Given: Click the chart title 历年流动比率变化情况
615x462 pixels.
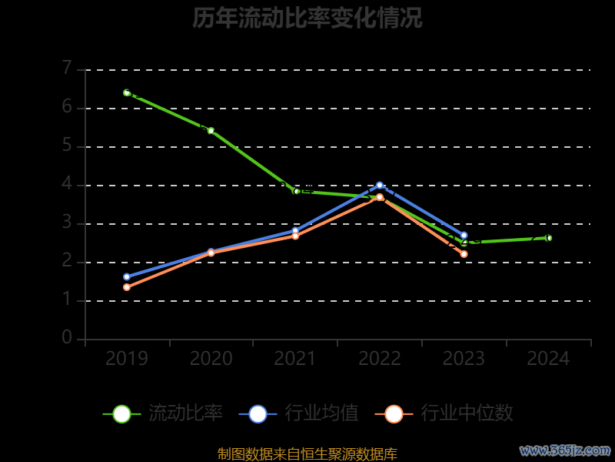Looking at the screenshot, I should point(307,18).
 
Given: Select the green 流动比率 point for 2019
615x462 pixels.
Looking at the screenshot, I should point(127,92).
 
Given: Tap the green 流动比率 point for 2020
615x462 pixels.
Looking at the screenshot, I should point(211,131).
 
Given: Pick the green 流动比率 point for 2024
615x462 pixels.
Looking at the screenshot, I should point(548,238).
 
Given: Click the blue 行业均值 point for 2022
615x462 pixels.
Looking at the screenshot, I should point(380,185).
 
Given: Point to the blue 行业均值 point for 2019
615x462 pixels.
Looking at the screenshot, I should point(127,276).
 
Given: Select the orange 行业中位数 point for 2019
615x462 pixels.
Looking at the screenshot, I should point(127,287).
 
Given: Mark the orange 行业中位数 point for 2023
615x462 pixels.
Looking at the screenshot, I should point(464,254).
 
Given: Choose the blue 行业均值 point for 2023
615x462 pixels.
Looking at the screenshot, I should point(464,235).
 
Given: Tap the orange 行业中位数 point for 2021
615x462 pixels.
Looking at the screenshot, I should point(295,236).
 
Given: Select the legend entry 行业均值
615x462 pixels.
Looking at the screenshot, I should point(299,413).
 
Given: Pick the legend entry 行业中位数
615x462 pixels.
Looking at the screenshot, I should point(444,413).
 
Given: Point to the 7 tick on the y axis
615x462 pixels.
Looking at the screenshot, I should point(67,69).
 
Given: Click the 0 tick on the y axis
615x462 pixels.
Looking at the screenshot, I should point(67,338).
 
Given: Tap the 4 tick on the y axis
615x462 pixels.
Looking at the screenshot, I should point(67,184).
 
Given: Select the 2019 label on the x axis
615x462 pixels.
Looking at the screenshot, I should point(127,359).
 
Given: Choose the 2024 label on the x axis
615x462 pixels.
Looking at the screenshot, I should point(548,359).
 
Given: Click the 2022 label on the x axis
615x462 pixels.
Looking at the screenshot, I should point(380,359).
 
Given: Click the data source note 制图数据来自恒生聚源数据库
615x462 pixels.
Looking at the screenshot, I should point(307,454).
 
